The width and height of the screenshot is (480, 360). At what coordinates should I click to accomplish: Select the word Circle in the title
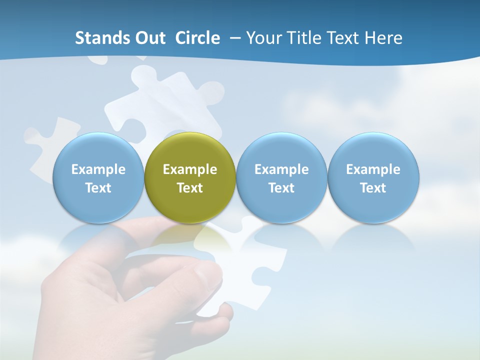point(197,38)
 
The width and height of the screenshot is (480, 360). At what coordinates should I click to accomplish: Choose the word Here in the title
point(383,38)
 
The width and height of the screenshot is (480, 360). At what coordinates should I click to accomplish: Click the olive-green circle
point(190,177)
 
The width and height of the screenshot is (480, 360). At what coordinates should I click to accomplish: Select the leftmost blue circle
point(98,177)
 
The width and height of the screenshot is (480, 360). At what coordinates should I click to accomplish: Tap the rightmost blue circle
point(373,177)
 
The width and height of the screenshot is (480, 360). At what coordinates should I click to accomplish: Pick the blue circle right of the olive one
point(281,177)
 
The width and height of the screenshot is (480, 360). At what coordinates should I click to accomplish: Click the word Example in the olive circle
point(190,169)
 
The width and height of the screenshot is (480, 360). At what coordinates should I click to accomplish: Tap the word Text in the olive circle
point(190,188)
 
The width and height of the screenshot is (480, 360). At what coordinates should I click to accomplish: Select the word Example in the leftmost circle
point(98,169)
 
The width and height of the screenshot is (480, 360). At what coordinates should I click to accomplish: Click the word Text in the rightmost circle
point(373,188)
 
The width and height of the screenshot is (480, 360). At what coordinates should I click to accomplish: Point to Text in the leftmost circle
point(98,188)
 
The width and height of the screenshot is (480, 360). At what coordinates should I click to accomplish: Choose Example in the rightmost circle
point(373,169)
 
